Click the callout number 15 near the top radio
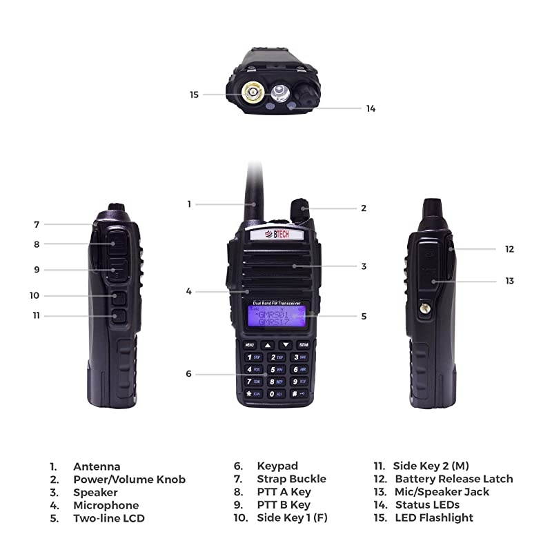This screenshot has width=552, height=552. (195, 94)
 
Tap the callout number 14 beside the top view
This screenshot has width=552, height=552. (371, 108)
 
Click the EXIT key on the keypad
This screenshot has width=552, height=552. (303, 344)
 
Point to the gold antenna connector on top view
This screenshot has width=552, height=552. (252, 92)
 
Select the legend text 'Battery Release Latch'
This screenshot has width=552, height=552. (453, 479)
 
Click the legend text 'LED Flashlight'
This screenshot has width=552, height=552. (434, 517)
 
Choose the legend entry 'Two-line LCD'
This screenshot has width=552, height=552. (108, 518)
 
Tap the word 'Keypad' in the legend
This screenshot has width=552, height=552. (277, 466)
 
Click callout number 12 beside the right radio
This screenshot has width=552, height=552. (509, 249)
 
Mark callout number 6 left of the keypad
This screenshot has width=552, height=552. (188, 374)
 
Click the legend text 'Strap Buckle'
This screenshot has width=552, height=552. (291, 479)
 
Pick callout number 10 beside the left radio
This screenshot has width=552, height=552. (34, 295)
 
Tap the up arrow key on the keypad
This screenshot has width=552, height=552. (267, 344)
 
